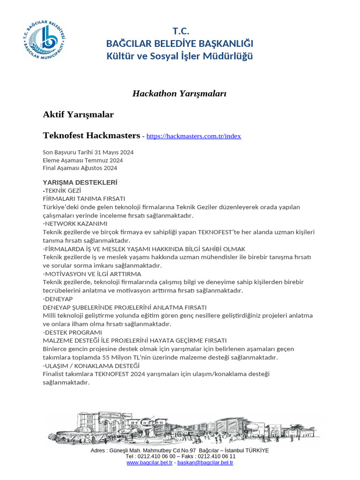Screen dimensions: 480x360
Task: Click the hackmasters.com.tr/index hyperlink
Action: click(x=194, y=136)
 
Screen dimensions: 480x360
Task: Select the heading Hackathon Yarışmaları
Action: click(x=180, y=94)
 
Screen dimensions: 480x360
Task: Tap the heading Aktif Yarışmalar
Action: click(x=78, y=114)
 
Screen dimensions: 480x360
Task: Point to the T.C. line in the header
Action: click(x=180, y=31)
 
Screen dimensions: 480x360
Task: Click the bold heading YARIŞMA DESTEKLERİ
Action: click(x=80, y=182)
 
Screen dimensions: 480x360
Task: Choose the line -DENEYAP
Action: click(x=58, y=299)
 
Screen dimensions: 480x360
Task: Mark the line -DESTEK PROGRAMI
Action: click(x=72, y=332)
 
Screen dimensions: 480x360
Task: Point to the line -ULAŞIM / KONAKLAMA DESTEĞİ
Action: click(x=91, y=366)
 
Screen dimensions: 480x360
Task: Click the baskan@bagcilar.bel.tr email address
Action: click(x=205, y=463)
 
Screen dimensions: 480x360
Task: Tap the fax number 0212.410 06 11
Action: click(x=217, y=457)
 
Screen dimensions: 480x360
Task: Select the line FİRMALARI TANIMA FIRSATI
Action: click(x=84, y=199)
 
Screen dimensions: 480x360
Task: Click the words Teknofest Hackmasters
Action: click(x=91, y=136)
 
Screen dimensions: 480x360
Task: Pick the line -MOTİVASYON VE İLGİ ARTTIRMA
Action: click(x=92, y=274)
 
